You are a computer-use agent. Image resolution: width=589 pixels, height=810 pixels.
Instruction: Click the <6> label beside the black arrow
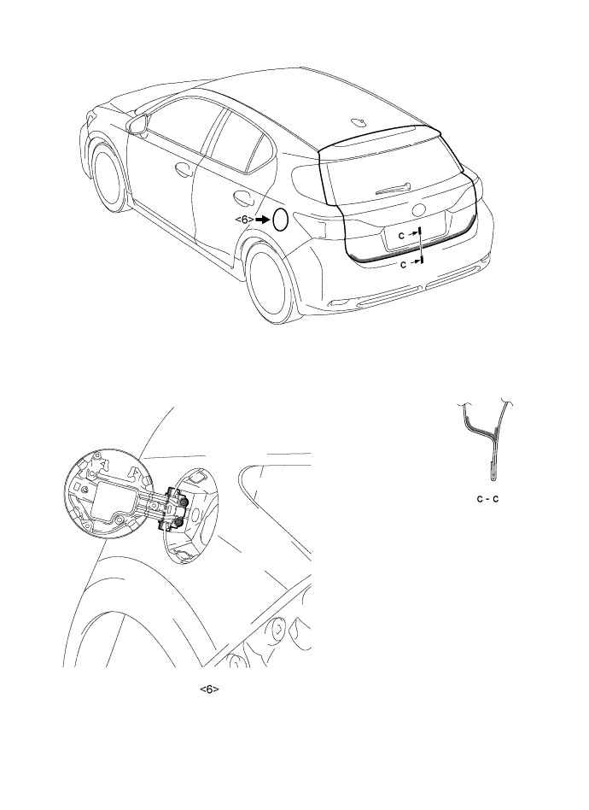tap(244, 220)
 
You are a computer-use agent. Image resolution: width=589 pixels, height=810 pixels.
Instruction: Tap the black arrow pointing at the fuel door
tap(263, 220)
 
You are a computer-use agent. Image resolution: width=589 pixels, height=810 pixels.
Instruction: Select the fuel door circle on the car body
tap(280, 220)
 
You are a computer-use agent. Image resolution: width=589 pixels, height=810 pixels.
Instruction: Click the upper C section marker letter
tap(401, 235)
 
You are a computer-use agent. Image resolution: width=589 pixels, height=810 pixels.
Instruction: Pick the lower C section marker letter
tap(405, 264)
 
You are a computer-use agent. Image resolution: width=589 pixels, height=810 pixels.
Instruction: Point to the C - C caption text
tap(487, 499)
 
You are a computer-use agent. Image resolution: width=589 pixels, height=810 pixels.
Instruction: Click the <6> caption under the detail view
tap(210, 690)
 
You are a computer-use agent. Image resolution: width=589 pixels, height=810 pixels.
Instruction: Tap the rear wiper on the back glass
tap(394, 189)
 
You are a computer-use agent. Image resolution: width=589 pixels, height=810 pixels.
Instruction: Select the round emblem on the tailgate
tap(418, 210)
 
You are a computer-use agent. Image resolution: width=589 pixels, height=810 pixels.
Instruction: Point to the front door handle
tap(184, 169)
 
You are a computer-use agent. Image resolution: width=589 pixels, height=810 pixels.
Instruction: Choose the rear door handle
tap(242, 198)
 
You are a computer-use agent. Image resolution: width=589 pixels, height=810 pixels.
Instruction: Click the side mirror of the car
tap(137, 125)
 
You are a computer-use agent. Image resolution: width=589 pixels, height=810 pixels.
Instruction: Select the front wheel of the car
tap(108, 179)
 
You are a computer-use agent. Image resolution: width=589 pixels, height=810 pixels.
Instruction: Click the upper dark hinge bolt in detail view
tap(184, 502)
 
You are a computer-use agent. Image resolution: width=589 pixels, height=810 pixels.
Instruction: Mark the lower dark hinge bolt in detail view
tap(178, 524)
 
